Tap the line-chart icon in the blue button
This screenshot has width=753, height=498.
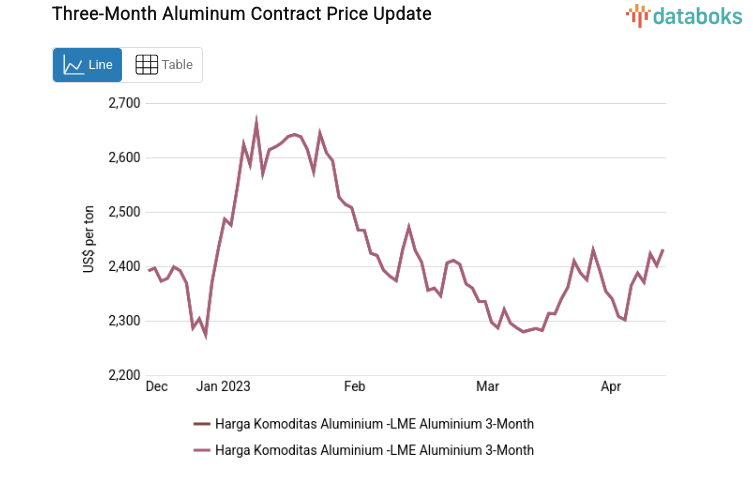coord(73,65)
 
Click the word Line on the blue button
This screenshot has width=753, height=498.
coord(101,65)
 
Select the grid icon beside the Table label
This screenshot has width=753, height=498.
coord(146,65)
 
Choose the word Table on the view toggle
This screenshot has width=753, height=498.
coord(177,65)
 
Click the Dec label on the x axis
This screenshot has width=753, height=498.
coord(157,386)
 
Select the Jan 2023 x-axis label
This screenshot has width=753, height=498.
coord(223,386)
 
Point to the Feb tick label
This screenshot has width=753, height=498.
coord(355,386)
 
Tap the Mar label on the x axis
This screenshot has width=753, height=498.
coord(487,386)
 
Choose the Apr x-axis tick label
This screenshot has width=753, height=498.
coord(611,386)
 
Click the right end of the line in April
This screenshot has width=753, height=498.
coord(663,250)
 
